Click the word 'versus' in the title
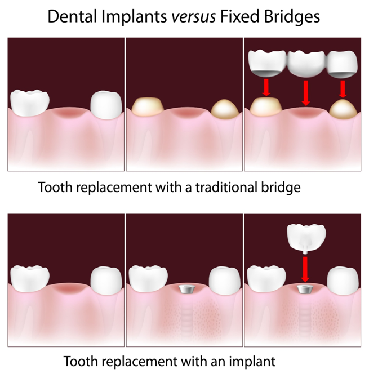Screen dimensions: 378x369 pyautogui.click(x=193, y=16)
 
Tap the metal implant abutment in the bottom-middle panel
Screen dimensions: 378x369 pyautogui.click(x=185, y=290)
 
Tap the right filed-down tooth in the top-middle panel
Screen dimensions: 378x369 pyautogui.click(x=225, y=109)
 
